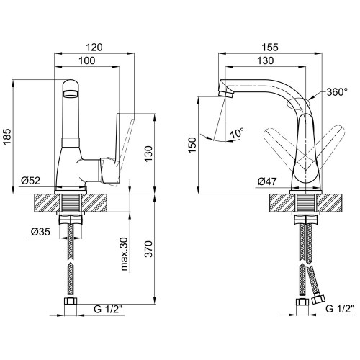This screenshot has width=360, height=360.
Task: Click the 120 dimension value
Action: tap(94, 48)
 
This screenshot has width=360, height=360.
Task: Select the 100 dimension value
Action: tap(87, 60)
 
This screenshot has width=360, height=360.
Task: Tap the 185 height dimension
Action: tap(7, 136)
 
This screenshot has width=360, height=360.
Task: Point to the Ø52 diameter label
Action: tap(30, 181)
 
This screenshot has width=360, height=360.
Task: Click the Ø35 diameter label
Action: tap(40, 232)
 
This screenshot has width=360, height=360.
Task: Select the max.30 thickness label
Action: tap(124, 254)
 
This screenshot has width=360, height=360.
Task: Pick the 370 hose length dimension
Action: tap(149, 249)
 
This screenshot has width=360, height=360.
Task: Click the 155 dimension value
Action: tap(270, 48)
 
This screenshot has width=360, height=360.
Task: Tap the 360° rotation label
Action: tap(337, 91)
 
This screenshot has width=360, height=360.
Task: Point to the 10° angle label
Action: tap(237, 132)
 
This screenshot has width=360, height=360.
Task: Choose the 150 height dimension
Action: tap(192, 145)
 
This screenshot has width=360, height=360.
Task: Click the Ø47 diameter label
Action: tap(267, 181)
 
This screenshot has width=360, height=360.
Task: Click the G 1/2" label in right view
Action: tap(340, 309)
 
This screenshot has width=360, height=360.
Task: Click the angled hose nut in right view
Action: tap(318, 300)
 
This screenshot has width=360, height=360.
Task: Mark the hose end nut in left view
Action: tap(71, 301)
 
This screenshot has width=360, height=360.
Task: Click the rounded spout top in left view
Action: tap(71, 88)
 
